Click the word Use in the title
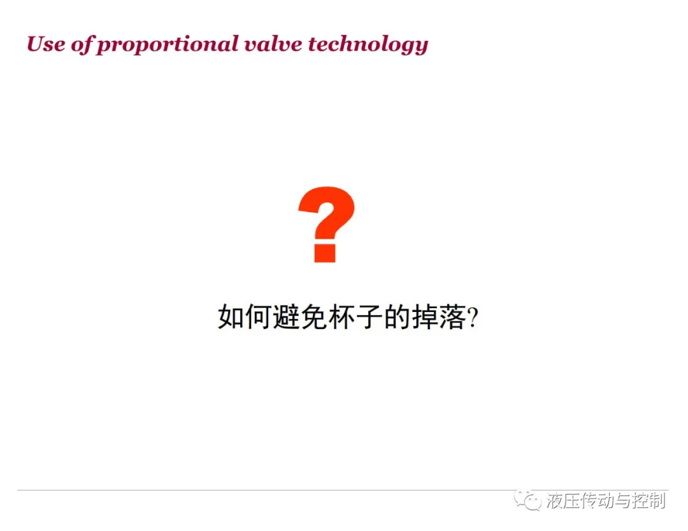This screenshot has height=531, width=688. pyautogui.click(x=46, y=44)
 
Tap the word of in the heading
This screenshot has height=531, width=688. pyautogui.click(x=83, y=45)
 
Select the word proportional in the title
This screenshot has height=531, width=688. pyautogui.click(x=168, y=45)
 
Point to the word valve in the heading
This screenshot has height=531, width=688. pyautogui.click(x=273, y=44)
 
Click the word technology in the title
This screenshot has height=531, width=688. pyautogui.click(x=368, y=45)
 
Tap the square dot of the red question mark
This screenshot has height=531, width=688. pyautogui.click(x=325, y=253)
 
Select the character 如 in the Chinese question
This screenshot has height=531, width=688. pyautogui.click(x=231, y=316)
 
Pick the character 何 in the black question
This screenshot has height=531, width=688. pyautogui.click(x=259, y=316)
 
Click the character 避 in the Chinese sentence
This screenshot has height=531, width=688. pyautogui.click(x=286, y=316)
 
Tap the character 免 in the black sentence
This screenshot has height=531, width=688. pyautogui.click(x=313, y=316)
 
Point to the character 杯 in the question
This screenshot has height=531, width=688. pyautogui.click(x=341, y=316)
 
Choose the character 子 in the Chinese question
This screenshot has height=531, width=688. pyautogui.click(x=369, y=316)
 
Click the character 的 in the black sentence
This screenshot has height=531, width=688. pyautogui.click(x=397, y=316)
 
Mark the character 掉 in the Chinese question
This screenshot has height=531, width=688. pyautogui.click(x=425, y=316)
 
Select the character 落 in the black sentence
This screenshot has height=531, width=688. pyautogui.click(x=452, y=316)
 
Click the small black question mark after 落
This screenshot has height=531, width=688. pyautogui.click(x=473, y=318)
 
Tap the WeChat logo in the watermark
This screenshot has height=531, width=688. pyautogui.click(x=527, y=500)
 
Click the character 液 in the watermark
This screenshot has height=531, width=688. pyautogui.click(x=555, y=500)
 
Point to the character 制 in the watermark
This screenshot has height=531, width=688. pyautogui.click(x=657, y=500)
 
